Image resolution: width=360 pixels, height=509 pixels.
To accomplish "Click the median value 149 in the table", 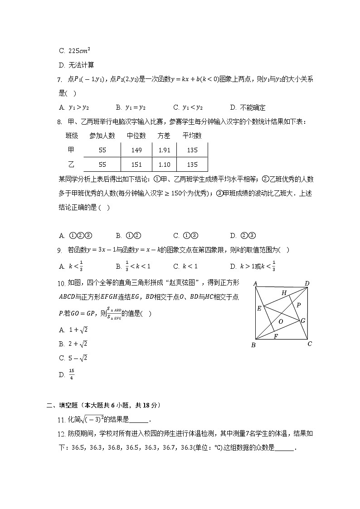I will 136,150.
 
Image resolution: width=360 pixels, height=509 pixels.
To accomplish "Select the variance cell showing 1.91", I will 164,150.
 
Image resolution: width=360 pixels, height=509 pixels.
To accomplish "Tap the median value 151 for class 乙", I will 136,165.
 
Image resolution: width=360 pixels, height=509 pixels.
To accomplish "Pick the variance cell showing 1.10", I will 164,165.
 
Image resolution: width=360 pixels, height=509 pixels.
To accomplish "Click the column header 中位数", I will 136,136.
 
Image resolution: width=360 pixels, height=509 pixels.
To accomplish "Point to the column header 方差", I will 164,136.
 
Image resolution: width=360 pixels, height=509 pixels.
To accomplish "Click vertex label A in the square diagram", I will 256,284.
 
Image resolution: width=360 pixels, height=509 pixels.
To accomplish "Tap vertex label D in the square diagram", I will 307,284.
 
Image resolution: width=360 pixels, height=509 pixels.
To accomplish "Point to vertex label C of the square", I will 310,344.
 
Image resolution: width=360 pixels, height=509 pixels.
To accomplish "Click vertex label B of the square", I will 253,345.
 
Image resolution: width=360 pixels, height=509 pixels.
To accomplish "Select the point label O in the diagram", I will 281,321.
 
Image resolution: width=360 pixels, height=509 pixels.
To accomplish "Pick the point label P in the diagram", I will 298,305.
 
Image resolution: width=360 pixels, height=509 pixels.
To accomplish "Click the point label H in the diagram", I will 284,293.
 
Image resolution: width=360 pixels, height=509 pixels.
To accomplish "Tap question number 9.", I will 59,250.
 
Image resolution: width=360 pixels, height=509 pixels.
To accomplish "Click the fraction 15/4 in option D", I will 71,375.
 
